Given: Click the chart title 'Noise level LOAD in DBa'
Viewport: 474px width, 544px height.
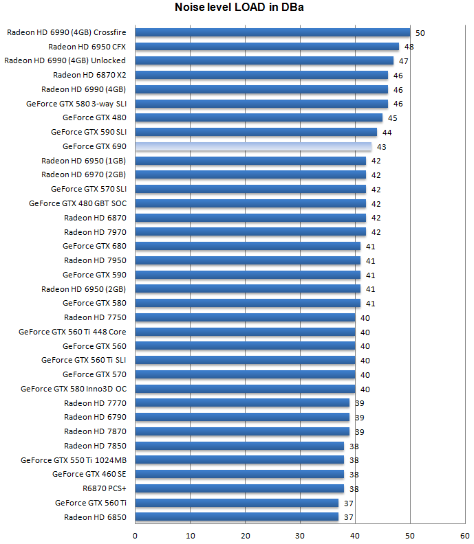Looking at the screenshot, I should [x=237, y=9].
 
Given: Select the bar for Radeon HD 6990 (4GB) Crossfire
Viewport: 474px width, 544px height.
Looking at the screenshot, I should [x=272, y=32].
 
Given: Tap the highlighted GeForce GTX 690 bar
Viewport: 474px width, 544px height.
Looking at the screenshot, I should [x=253, y=146].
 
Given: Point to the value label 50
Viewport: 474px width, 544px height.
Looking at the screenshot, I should [x=420, y=33].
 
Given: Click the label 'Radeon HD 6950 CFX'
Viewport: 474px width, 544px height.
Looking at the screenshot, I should [x=87, y=47].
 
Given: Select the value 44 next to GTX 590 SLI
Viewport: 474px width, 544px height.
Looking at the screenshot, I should [x=387, y=133].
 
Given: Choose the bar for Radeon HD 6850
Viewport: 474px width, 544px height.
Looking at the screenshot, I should [x=237, y=517].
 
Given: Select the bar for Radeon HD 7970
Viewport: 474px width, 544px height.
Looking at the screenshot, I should [x=250, y=231].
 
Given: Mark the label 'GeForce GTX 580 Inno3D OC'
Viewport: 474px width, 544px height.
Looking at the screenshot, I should [x=73, y=389].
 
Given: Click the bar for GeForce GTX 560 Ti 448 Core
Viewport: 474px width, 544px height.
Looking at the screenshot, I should [x=245, y=332].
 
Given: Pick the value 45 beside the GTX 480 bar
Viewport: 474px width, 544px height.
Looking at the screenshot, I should [x=392, y=118].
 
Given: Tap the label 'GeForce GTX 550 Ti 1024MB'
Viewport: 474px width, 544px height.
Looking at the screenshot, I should [x=73, y=460].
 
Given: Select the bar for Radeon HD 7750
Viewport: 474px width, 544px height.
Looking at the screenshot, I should [x=245, y=317].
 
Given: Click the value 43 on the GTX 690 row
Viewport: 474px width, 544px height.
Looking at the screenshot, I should [x=381, y=147].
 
